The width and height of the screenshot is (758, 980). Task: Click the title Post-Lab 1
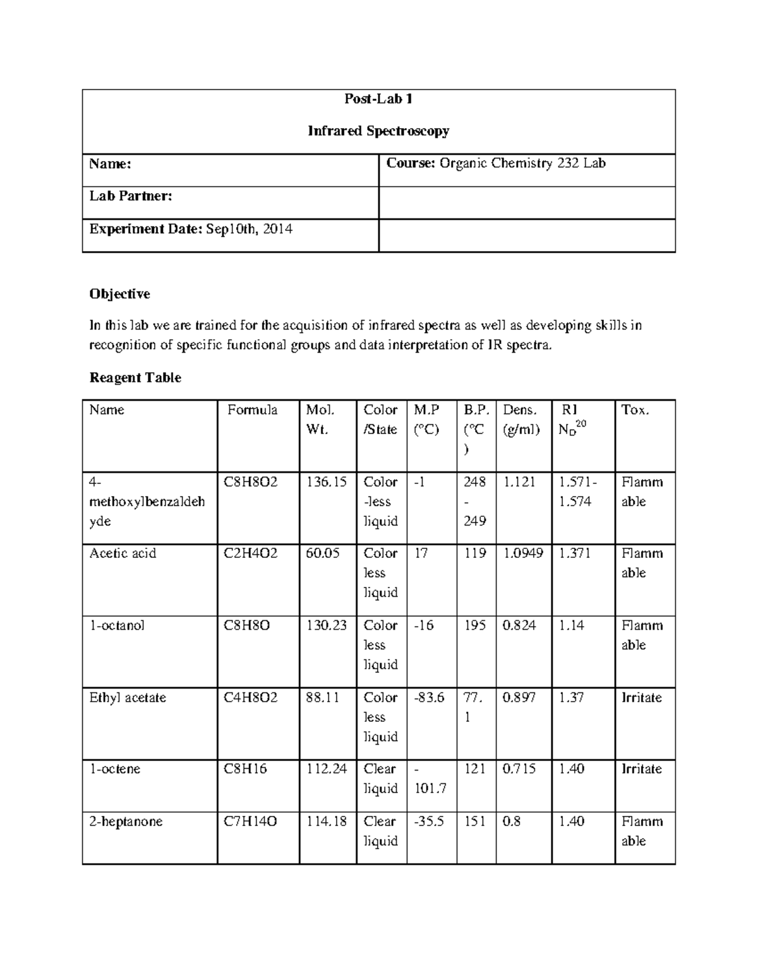tap(378, 99)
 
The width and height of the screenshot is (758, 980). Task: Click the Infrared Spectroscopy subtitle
tap(378, 131)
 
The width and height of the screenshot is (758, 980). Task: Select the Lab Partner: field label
tap(131, 196)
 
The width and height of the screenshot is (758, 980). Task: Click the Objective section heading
tap(119, 294)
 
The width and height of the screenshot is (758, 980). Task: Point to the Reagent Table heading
tap(135, 378)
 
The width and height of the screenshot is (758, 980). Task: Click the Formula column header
tap(252, 410)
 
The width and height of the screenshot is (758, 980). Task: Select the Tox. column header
tap(635, 410)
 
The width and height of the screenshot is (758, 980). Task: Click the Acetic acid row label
tap(123, 553)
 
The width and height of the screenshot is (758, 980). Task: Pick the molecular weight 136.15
tap(327, 482)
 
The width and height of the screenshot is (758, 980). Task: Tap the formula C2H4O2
tap(251, 553)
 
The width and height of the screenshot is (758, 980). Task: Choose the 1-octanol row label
tap(117, 625)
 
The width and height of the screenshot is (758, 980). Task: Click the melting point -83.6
tap(429, 697)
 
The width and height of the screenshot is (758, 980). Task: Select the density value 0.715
tap(519, 769)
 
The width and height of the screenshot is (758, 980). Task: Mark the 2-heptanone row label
tap(126, 822)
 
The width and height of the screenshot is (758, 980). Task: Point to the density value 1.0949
tap(523, 553)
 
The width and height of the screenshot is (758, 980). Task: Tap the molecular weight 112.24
tap(327, 769)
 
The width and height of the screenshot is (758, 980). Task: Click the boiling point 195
tap(475, 625)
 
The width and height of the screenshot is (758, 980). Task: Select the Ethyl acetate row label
tap(128, 697)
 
